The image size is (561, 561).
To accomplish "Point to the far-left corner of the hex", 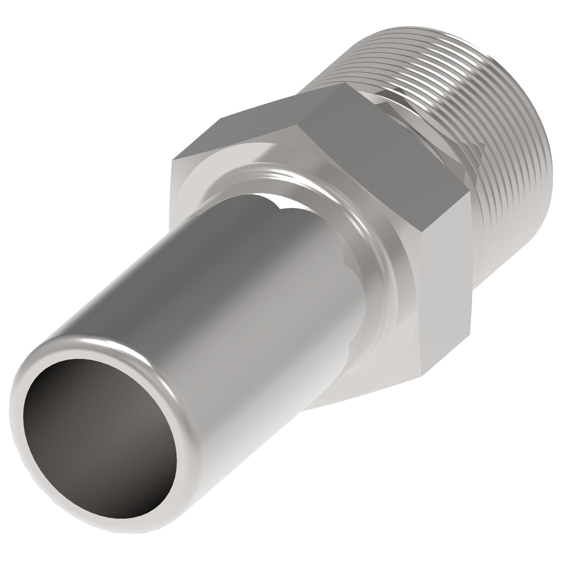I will pos(172,159).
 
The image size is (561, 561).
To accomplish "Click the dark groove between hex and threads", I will pos(392,96).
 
